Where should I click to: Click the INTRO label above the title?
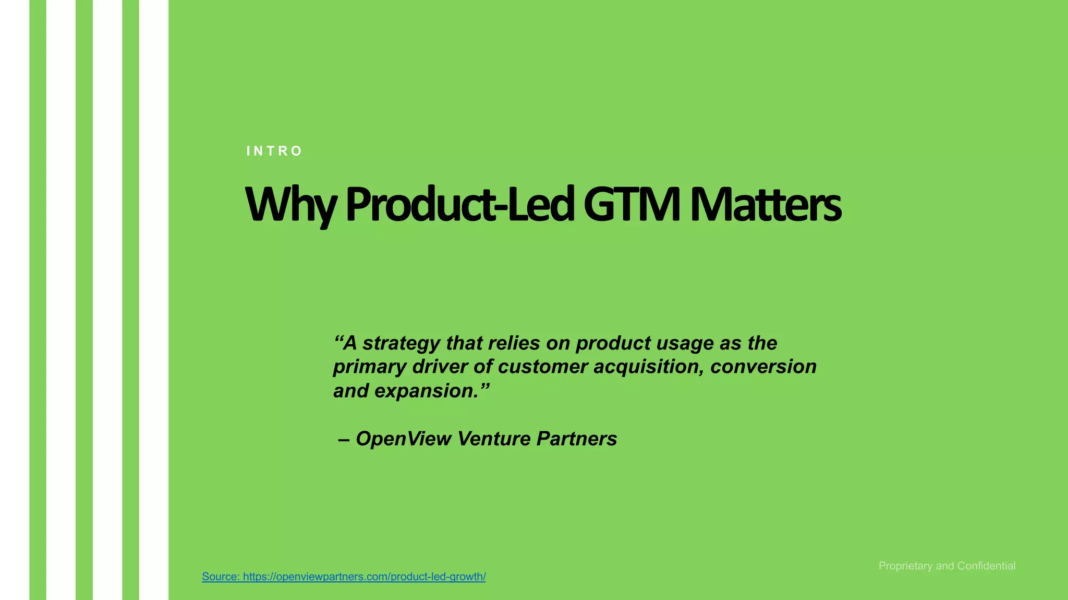(x=274, y=151)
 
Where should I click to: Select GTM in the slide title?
(x=632, y=204)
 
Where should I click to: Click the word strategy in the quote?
(x=401, y=343)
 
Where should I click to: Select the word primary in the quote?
(x=369, y=367)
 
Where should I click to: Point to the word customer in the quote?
(x=542, y=367)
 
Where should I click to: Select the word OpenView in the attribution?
(x=403, y=439)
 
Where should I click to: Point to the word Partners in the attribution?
(x=577, y=439)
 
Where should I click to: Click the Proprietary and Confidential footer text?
(x=946, y=566)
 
